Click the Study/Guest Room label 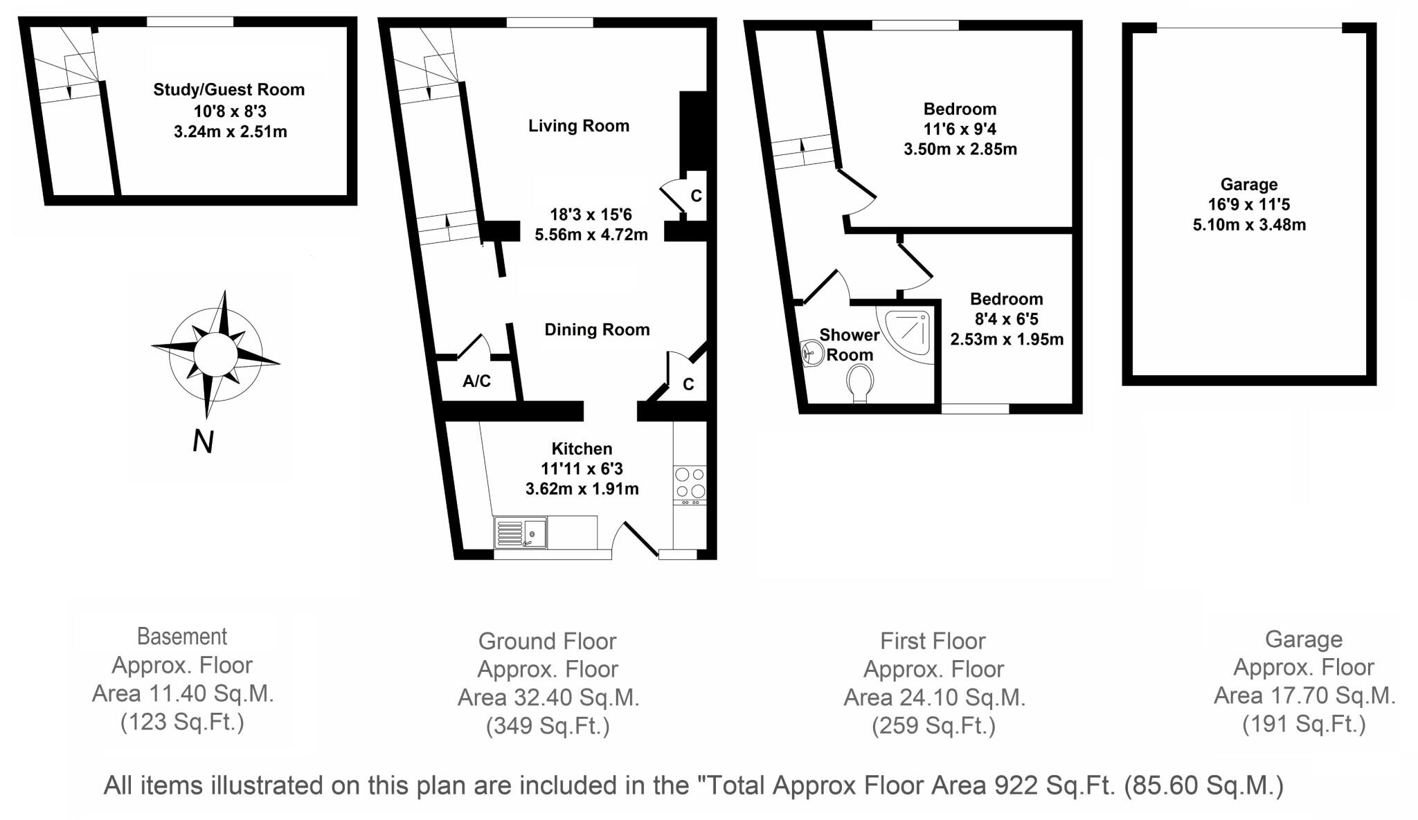pyautogui.click(x=228, y=89)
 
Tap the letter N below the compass pyautogui.click(x=203, y=441)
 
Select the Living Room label pyautogui.click(x=579, y=126)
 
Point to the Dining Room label pyautogui.click(x=597, y=329)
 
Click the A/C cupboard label pyautogui.click(x=476, y=381)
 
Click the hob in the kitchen pyautogui.click(x=690, y=483)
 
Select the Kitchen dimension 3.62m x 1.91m pyautogui.click(x=582, y=489)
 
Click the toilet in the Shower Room pyautogui.click(x=860, y=381)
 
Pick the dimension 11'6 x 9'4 pyautogui.click(x=960, y=129)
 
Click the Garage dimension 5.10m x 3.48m pyautogui.click(x=1249, y=224)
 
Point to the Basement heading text pyautogui.click(x=182, y=636)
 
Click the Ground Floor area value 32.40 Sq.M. pyautogui.click(x=548, y=698)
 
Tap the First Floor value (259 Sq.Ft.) pyautogui.click(x=933, y=725)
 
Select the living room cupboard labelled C pyautogui.click(x=696, y=196)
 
